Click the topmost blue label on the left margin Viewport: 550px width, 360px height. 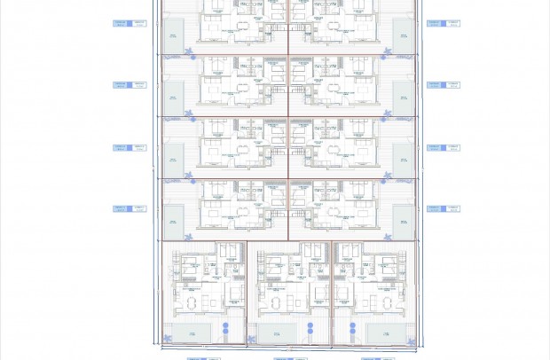[x=130, y=23]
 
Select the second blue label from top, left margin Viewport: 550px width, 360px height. [x=130, y=85]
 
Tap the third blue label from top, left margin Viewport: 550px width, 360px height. [x=130, y=147]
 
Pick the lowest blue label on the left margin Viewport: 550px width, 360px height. [x=130, y=208]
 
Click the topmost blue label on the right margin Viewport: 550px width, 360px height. [x=443, y=23]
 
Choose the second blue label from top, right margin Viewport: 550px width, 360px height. [x=443, y=85]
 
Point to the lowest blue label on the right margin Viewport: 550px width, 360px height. [x=443, y=208]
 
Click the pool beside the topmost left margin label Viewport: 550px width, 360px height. [x=172, y=36]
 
